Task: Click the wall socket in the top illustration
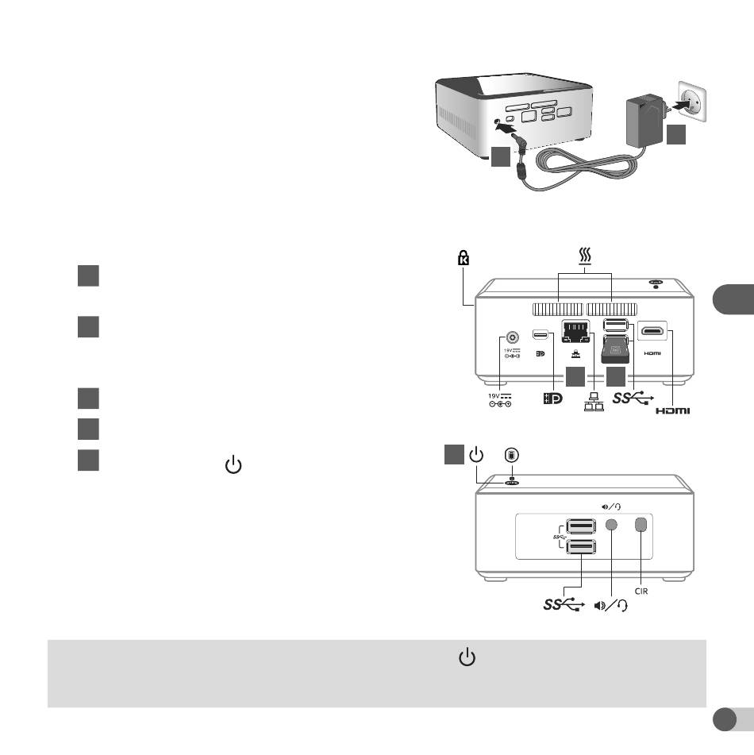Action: (x=692, y=102)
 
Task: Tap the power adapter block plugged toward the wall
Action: (x=644, y=120)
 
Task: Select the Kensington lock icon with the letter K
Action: (x=464, y=257)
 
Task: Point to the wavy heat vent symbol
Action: (x=585, y=256)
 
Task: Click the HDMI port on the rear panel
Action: (x=652, y=331)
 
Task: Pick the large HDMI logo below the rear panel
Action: (x=672, y=410)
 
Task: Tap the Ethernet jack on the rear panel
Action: (x=576, y=332)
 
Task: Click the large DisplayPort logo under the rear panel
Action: (x=552, y=399)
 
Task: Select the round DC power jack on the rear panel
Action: (x=512, y=337)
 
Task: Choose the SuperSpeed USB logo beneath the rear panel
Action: (x=633, y=398)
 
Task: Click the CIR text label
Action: (x=641, y=591)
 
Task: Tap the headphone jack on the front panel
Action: (x=611, y=524)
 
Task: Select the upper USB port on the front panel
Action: (x=581, y=526)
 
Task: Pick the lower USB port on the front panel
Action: (x=581, y=546)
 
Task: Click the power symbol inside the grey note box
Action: (x=467, y=657)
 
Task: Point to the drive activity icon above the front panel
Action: (x=511, y=455)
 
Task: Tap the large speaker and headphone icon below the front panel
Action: (x=611, y=605)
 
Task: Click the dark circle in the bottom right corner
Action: (x=724, y=719)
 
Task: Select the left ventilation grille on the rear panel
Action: (x=558, y=310)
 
